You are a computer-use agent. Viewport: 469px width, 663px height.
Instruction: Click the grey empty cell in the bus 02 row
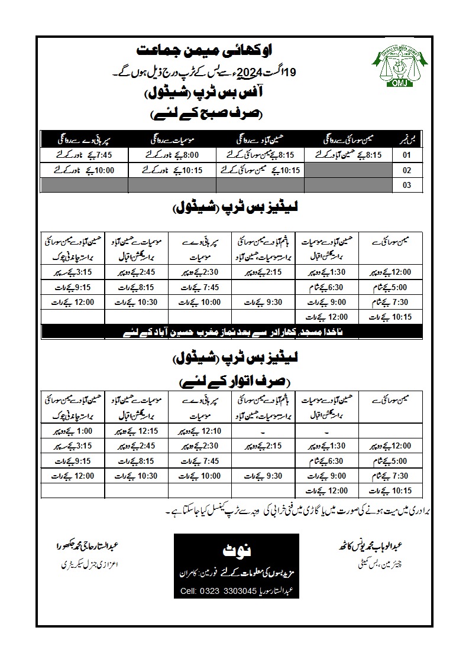pos(349,171)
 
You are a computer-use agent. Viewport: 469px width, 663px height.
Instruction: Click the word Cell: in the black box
pos(188,591)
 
